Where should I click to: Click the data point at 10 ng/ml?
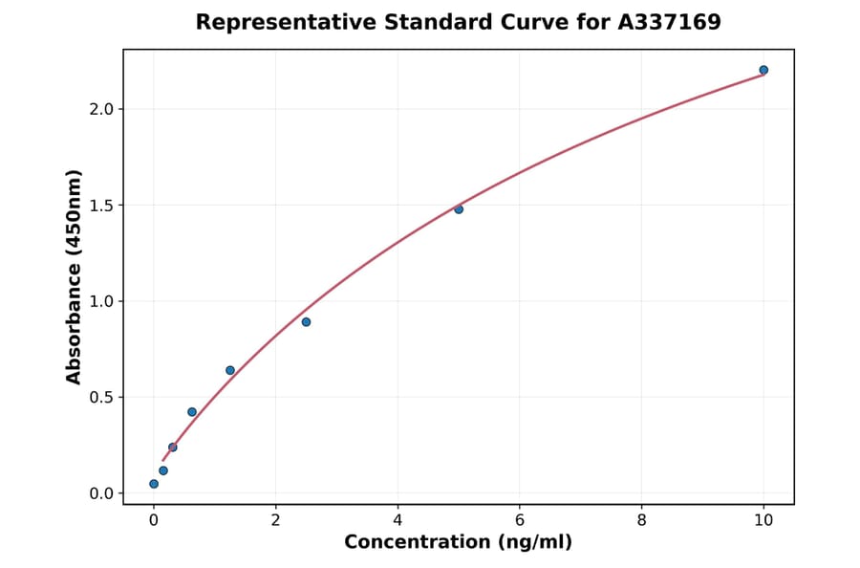tap(763, 70)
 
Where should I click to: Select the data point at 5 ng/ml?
tap(459, 208)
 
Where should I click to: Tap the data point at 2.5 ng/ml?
tap(306, 321)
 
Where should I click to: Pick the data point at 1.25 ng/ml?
tap(230, 370)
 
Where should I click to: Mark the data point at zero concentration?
tap(154, 484)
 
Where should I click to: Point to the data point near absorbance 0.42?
tap(192, 412)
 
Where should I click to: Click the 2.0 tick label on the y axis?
tap(101, 109)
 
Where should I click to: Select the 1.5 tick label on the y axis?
tap(101, 206)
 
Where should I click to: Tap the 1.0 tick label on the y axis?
tap(101, 301)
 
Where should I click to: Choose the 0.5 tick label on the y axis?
tap(101, 398)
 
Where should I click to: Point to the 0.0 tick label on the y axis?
tap(101, 493)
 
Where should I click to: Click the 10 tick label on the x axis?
tap(763, 519)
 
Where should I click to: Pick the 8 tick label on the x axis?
tap(641, 519)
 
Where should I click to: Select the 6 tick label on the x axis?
tap(519, 519)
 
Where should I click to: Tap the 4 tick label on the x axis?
tap(398, 519)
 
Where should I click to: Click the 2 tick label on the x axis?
tap(275, 519)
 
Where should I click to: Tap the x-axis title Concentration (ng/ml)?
tap(458, 542)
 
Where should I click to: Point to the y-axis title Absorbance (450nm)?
tap(75, 276)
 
